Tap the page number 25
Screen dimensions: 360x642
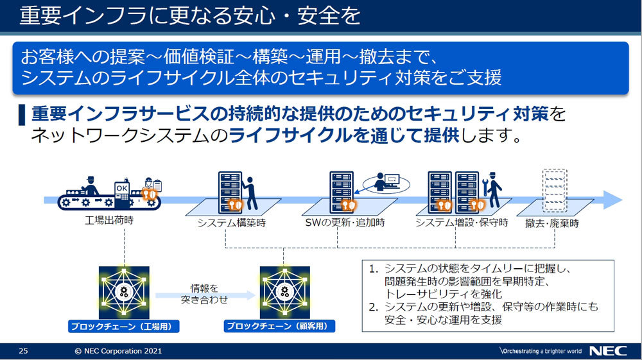[x=23, y=351]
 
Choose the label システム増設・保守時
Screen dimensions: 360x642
[x=461, y=223]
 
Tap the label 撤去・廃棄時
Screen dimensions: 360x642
[x=551, y=223]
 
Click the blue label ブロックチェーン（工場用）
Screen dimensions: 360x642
[x=124, y=326]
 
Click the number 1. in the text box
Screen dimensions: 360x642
[x=373, y=269]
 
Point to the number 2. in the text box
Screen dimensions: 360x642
[x=373, y=307]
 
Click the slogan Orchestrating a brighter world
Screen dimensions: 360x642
[x=540, y=351]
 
